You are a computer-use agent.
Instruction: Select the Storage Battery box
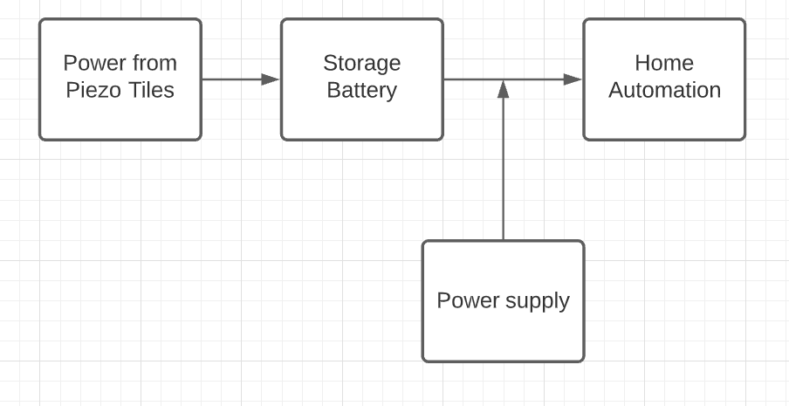361,118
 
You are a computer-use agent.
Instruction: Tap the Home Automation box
664,118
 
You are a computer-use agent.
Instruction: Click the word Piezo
95,90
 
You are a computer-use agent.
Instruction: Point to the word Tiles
151,90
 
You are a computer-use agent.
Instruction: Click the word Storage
361,63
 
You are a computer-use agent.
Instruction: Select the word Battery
361,90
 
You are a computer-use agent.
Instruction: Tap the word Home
664,63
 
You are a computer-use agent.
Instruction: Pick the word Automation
664,90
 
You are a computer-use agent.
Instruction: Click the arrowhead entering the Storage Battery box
271,79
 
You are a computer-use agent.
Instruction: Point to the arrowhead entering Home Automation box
573,79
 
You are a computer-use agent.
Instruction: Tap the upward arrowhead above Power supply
503,88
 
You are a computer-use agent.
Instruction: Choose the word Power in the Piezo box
93,63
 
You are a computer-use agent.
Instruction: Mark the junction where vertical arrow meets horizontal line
503,79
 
